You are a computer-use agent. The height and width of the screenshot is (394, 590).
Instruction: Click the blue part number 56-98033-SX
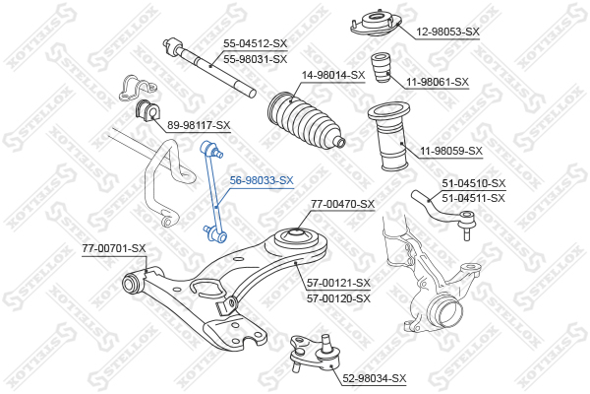[x=262, y=180]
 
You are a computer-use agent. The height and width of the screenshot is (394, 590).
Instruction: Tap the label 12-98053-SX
[x=447, y=32]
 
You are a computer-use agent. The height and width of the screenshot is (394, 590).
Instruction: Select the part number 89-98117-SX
[x=199, y=125]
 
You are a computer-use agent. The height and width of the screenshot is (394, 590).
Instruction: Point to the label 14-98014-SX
[x=333, y=75]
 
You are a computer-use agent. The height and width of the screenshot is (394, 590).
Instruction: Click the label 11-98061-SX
[x=438, y=82]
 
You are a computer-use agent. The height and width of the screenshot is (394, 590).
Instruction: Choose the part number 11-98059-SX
[x=450, y=151]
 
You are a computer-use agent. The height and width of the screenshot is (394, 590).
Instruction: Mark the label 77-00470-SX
[x=343, y=204]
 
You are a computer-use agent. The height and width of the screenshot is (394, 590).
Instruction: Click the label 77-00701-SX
[x=114, y=248]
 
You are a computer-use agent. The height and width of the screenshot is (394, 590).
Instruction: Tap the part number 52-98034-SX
[x=375, y=378]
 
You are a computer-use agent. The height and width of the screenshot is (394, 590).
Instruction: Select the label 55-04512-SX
[x=255, y=43]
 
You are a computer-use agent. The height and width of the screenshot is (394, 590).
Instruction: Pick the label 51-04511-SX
[x=473, y=198]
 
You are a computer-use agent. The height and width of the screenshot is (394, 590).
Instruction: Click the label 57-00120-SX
[x=338, y=298]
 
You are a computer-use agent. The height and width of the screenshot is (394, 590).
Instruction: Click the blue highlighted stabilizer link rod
[x=214, y=192]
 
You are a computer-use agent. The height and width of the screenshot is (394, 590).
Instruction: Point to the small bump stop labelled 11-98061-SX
[x=381, y=68]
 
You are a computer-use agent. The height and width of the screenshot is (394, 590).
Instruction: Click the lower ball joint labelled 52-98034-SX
[x=316, y=354]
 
